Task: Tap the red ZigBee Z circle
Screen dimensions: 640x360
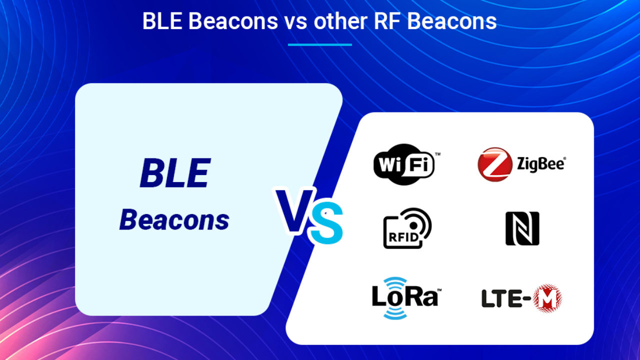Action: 495,164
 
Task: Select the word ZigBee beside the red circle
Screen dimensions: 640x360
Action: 541,164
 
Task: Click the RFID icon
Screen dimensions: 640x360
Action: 407,228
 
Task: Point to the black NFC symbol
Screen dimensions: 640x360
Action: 522,228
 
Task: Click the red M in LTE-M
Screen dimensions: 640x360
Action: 547,298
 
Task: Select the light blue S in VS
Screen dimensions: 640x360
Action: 326,222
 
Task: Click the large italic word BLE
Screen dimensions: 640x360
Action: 175,173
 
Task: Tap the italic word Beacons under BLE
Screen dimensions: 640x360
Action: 174,219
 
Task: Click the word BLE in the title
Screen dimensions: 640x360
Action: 162,21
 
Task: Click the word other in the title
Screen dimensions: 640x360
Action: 340,21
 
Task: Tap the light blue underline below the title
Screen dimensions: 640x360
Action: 320,44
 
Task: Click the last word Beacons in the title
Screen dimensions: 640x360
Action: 451,21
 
